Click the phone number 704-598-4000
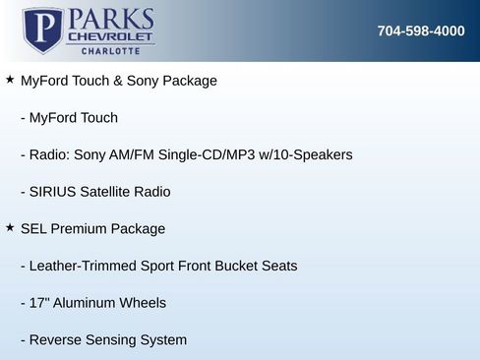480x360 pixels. pyautogui.click(x=421, y=30)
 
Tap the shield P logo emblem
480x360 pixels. pyautogui.click(x=42, y=30)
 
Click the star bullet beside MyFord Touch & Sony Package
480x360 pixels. pyautogui.click(x=10, y=80)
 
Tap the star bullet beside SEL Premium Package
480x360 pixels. pyautogui.click(x=10, y=228)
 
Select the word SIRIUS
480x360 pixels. pyautogui.click(x=55, y=192)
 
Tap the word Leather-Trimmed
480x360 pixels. pyautogui.click(x=85, y=266)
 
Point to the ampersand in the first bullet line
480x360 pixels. pyautogui.click(x=130, y=81)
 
